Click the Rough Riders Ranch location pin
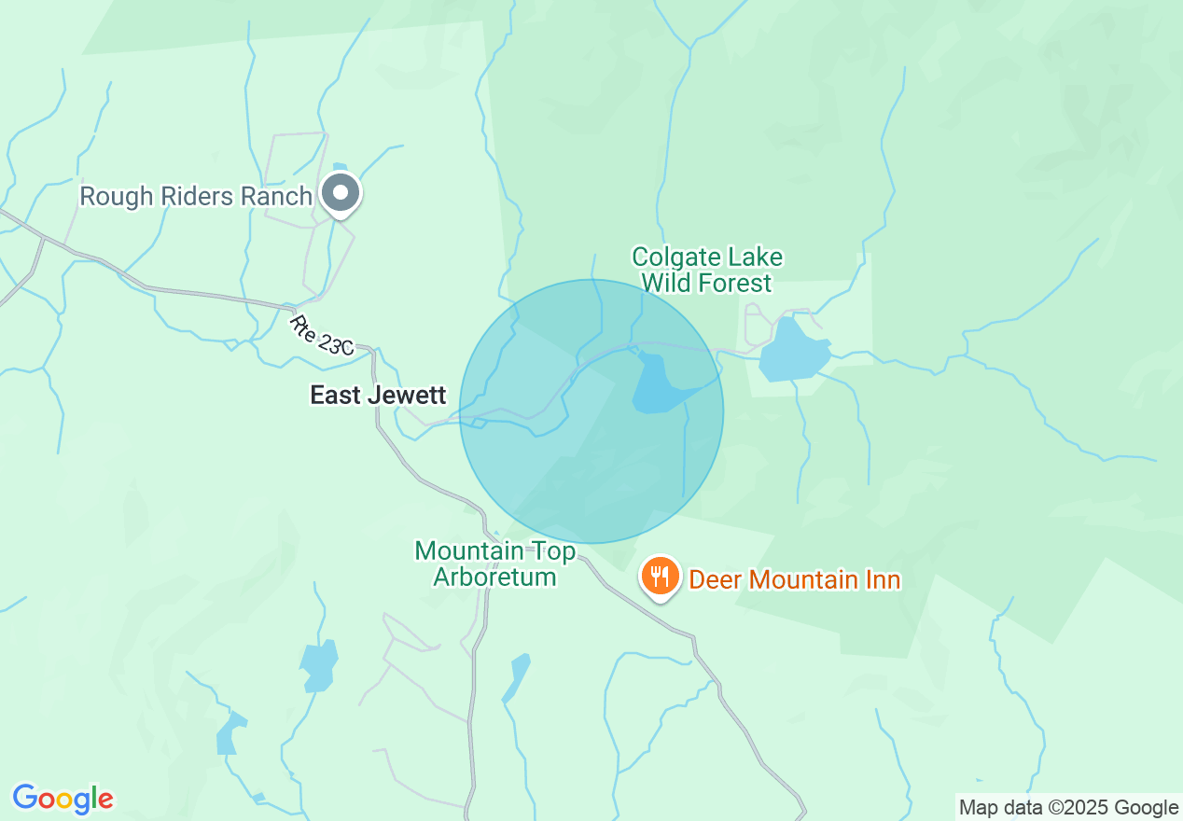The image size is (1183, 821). [341, 193]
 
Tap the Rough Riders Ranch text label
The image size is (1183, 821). [196, 196]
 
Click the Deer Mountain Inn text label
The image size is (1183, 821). [794, 579]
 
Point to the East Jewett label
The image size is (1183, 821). [378, 396]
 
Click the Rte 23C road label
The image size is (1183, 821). [321, 336]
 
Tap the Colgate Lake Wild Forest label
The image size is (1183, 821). [707, 270]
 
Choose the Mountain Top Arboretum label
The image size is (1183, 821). [495, 564]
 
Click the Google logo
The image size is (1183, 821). [63, 799]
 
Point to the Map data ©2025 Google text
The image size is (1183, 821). [1068, 808]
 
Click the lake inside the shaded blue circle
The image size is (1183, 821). [660, 383]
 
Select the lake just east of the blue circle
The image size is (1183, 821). [793, 351]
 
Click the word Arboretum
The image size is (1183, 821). [495, 577]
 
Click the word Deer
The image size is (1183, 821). [716, 579]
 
